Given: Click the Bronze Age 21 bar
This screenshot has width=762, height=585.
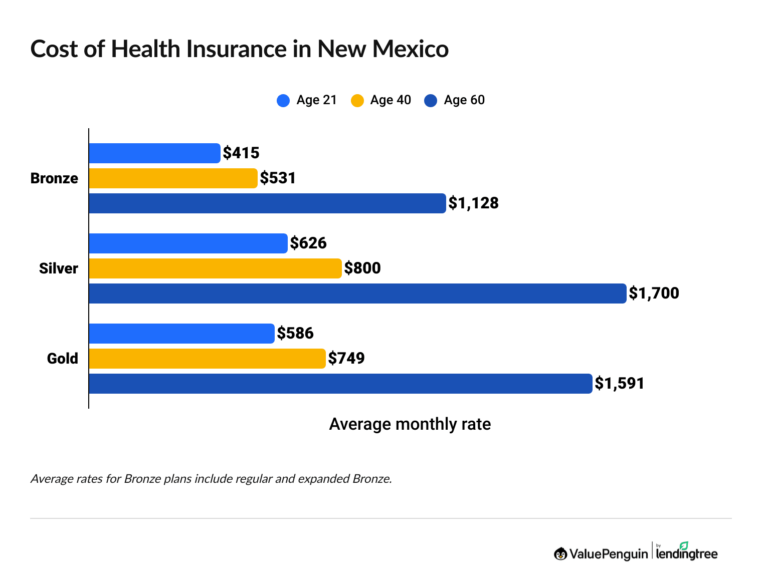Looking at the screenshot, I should point(154,153).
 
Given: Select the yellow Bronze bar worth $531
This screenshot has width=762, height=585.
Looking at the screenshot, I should point(173,178).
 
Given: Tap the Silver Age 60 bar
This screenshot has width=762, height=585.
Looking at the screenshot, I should point(357,294).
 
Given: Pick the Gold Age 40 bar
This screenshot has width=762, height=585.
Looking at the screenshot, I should point(207,359).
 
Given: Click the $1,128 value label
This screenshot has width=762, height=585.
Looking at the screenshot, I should point(473,203).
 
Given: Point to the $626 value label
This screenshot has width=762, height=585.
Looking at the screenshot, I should point(308,243).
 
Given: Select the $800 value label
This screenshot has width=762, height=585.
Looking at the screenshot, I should point(362,268).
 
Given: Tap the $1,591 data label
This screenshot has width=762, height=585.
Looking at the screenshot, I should point(620,384).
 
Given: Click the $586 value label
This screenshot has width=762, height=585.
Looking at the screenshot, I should point(295,334).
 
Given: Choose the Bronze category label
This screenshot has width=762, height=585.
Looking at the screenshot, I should point(54,178).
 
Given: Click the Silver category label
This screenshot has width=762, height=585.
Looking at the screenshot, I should point(59,268).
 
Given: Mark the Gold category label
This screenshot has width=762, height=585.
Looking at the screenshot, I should point(63,359).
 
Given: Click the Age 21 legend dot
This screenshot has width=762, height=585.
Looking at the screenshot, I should point(283,101).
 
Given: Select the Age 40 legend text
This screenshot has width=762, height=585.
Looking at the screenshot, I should point(391,100).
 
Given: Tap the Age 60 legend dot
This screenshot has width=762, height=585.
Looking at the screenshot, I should point(431,101).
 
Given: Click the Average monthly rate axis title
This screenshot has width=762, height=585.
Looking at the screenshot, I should point(410,424).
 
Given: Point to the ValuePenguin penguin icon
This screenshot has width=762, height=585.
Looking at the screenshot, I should point(560,554).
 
